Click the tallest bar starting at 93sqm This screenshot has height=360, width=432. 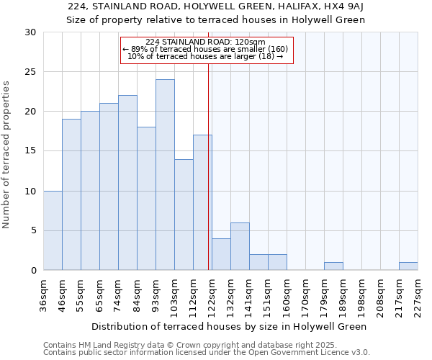click(165, 175)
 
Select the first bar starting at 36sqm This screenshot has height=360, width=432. click(53, 230)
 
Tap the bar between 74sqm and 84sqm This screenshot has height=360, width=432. click(127, 183)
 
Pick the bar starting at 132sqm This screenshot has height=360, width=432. click(240, 246)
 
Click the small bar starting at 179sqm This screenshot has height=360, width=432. click(333, 266)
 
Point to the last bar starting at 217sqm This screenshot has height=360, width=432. click(408, 266)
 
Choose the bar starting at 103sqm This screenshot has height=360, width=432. click(184, 215)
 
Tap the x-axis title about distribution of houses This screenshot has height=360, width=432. click(230, 326)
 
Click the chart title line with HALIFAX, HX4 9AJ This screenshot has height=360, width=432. click(216, 7)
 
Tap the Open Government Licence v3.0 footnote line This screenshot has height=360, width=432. click(207, 353)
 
